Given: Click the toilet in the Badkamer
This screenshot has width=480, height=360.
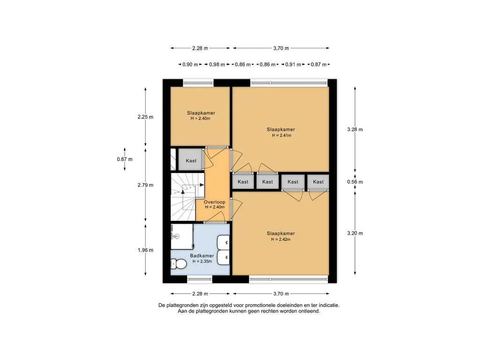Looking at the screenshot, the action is pyautogui.click(x=179, y=263).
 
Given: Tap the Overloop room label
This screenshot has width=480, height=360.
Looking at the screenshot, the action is pyautogui.click(x=215, y=202).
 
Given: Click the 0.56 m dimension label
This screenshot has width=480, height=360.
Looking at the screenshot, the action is pyautogui.click(x=355, y=182).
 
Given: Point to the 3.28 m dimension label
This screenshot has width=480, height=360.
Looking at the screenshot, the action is pyautogui.click(x=355, y=129).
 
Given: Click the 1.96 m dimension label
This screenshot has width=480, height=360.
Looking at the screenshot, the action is pyautogui.click(x=145, y=250).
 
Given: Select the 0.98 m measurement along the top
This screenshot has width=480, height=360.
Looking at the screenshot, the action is pyautogui.click(x=217, y=65).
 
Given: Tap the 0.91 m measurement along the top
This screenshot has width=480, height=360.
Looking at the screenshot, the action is pyautogui.click(x=293, y=65).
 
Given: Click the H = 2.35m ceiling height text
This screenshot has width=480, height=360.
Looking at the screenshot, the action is pyautogui.click(x=202, y=262).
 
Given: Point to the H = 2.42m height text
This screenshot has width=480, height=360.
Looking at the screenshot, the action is pyautogui.click(x=281, y=240).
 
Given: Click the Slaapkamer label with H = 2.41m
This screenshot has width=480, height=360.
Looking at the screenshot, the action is pyautogui.click(x=281, y=129).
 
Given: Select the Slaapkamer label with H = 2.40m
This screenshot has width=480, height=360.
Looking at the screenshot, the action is pyautogui.click(x=201, y=113).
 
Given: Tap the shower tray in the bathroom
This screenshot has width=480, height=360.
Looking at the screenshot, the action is pyautogui.click(x=182, y=237).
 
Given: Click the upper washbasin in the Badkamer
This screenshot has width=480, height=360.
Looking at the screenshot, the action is pyautogui.click(x=223, y=242).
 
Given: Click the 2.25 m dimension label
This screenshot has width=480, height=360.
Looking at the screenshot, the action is pyautogui.click(x=145, y=117).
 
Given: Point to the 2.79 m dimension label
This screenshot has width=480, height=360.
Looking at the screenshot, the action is pyautogui.click(x=145, y=185).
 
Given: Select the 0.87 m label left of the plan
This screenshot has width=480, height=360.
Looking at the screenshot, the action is pyautogui.click(x=125, y=159).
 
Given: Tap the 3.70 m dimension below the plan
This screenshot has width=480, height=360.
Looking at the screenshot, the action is pyautogui.click(x=281, y=293).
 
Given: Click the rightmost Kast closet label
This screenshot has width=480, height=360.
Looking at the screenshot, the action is pyautogui.click(x=318, y=182).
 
